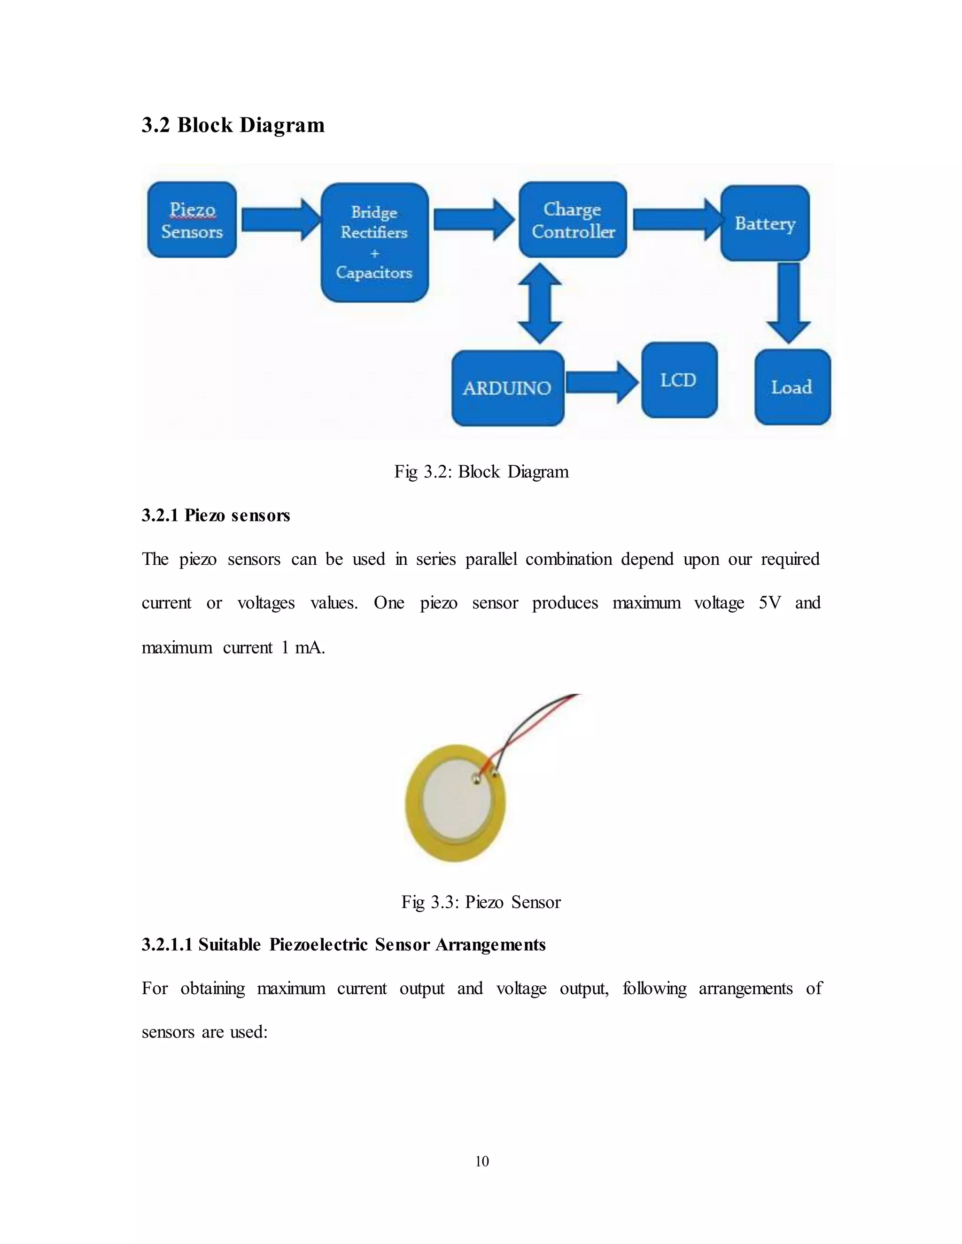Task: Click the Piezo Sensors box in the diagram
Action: point(192,220)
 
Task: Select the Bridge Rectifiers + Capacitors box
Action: point(374,243)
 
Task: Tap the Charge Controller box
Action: point(573,220)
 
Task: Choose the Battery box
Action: point(765,223)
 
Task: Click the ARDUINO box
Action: point(507,388)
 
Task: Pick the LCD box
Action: point(679,380)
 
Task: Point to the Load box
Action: point(792,387)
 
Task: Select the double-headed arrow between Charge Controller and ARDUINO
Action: point(540,303)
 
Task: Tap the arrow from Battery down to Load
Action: point(788,302)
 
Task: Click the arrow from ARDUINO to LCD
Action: point(602,382)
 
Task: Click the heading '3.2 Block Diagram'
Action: point(233,125)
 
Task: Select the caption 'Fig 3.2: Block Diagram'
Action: point(481,472)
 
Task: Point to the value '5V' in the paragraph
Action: point(769,603)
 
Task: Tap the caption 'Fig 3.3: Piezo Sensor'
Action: point(481,902)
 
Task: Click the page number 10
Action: point(481,1161)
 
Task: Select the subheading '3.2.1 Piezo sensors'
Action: point(216,515)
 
